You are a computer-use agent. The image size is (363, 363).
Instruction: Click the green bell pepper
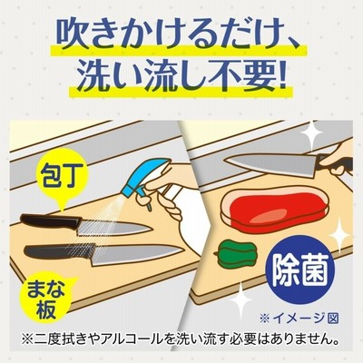tap(237, 253)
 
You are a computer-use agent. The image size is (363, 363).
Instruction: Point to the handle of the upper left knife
tap(51, 222)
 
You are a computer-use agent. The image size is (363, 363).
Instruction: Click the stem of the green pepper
tap(215, 253)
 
